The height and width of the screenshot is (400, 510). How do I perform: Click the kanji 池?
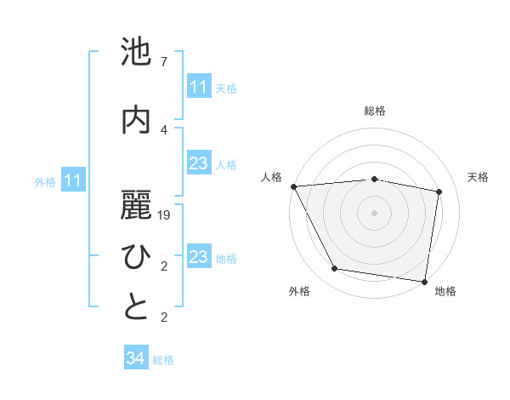coord(137,54)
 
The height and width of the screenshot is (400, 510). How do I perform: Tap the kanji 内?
coord(137,120)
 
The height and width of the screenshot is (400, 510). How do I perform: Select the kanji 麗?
coord(137,204)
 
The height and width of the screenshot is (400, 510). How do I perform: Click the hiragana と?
coord(137,308)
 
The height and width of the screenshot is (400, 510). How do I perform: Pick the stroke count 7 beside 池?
coord(164,62)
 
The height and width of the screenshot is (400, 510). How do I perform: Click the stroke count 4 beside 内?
coord(164,129)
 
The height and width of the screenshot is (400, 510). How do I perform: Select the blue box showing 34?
coord(135,358)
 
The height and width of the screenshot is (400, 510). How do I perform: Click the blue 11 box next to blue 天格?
coord(198,87)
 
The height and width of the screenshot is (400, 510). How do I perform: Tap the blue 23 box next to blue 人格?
coord(198,164)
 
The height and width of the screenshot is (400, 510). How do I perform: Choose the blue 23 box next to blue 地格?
coord(198,258)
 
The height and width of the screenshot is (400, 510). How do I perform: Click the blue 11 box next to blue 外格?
coord(74,180)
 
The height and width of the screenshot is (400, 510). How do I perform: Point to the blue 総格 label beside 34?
coord(163,360)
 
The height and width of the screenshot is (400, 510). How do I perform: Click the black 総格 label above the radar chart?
coord(375,111)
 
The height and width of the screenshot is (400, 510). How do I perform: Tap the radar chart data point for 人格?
coord(293,186)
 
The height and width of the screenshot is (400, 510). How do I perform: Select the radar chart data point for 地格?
coord(424,281)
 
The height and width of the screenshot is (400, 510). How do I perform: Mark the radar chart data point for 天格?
coord(439,191)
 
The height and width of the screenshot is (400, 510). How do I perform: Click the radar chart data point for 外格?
coord(335,270)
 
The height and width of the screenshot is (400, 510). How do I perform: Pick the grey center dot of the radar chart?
coord(375,212)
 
